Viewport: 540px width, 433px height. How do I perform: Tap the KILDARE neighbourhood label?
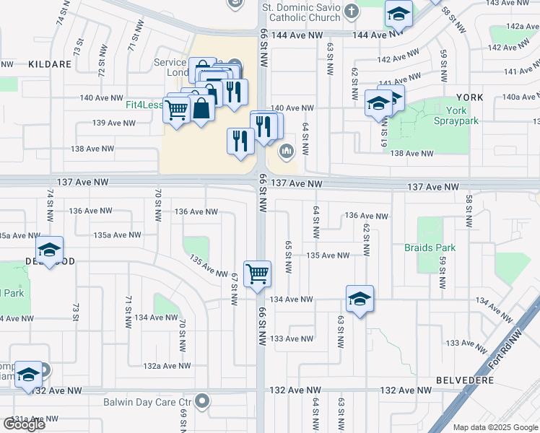[x=50, y=64]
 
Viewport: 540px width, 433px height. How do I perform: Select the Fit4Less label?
[x=144, y=105]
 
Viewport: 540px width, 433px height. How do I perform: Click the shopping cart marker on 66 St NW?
[x=257, y=274]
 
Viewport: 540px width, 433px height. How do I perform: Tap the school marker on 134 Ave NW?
[x=360, y=299]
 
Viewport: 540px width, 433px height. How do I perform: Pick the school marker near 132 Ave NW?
[x=28, y=374]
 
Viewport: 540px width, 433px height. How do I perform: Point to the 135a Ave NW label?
[x=117, y=235]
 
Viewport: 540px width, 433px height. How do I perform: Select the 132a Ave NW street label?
[x=167, y=366]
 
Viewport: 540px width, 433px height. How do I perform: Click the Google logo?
[x=25, y=424]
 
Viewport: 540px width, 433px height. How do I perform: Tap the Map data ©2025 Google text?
[x=495, y=427]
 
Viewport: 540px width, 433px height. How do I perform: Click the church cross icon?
[x=352, y=11]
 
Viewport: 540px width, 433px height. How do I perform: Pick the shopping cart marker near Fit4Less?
[x=175, y=110]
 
